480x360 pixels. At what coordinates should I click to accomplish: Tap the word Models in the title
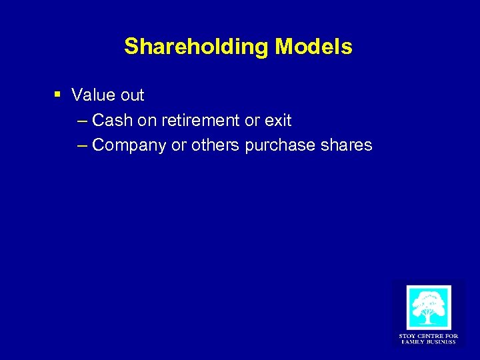(x=314, y=47)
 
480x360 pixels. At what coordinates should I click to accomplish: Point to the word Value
(x=93, y=95)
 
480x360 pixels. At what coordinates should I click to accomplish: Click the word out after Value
(x=131, y=95)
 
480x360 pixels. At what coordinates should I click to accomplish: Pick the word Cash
(x=112, y=121)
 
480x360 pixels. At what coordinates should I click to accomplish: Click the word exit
(x=278, y=121)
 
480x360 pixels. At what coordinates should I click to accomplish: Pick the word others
(x=216, y=145)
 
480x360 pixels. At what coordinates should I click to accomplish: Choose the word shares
(x=346, y=145)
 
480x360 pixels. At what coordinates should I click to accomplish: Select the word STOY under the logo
(x=407, y=336)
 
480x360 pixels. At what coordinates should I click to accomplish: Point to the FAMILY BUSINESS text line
(x=428, y=342)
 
